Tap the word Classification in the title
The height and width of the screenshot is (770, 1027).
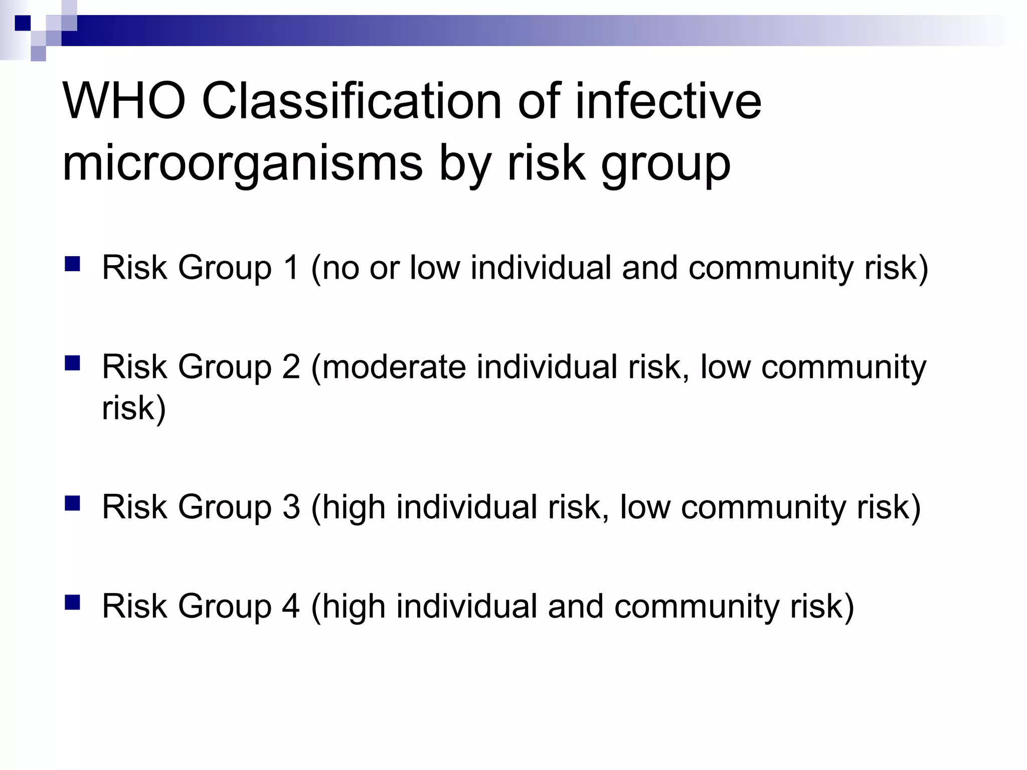pos(352,102)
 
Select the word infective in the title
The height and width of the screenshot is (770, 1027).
pos(668,102)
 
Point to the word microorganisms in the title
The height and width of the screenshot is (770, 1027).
pos(243,164)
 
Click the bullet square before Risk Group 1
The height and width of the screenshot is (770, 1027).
pos(73,264)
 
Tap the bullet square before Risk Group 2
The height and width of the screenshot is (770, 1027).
pos(73,363)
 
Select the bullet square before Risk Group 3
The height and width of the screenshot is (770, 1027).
pos(73,503)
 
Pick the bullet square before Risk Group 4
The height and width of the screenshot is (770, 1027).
pos(73,602)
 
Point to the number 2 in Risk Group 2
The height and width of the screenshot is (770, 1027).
pos(291,366)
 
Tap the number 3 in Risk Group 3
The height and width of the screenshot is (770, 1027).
pos(291,506)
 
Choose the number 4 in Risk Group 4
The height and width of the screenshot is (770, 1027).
pos(291,606)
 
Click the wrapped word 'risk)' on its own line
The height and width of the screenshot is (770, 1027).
pos(133,408)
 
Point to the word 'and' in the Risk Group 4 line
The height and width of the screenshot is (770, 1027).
pos(575,606)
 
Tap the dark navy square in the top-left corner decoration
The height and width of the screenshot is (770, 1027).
pos(23,23)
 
